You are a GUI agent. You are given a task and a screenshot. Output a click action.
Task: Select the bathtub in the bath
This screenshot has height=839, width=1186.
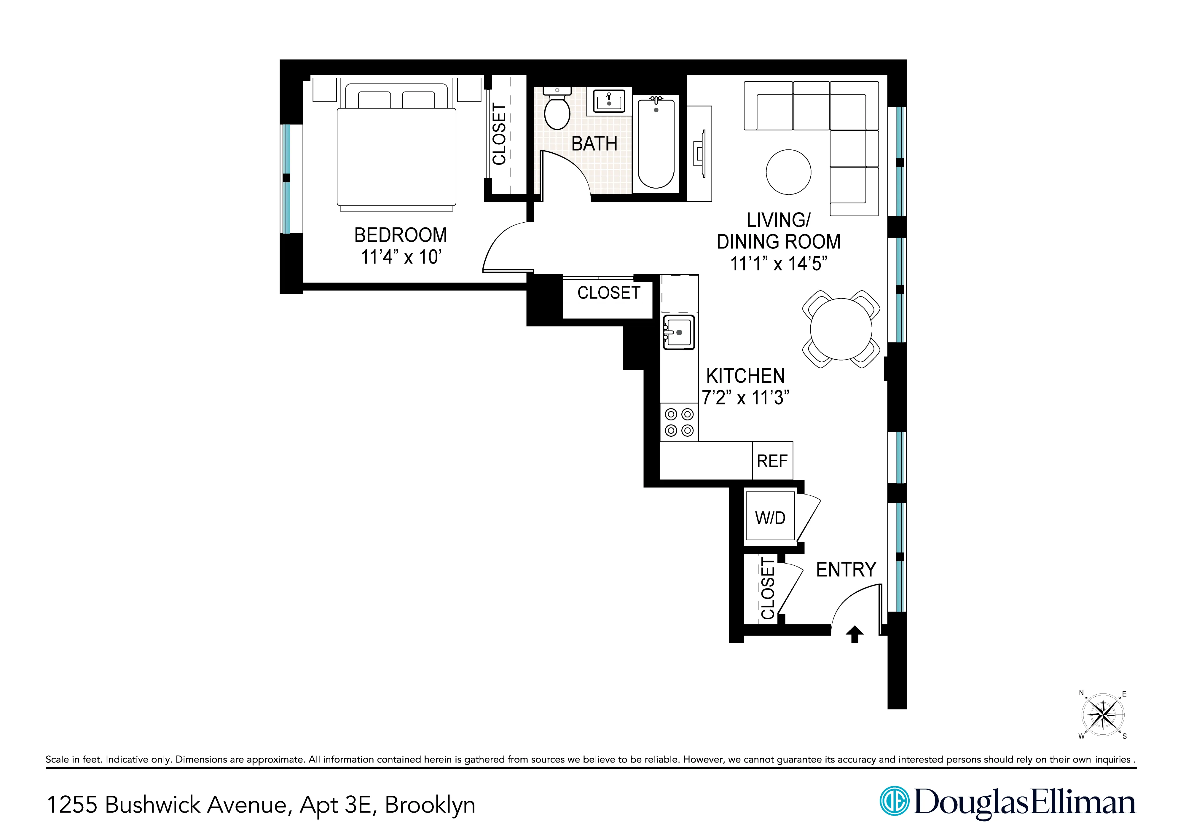(x=656, y=143)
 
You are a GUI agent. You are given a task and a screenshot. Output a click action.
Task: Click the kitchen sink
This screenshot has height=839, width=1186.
(x=679, y=332)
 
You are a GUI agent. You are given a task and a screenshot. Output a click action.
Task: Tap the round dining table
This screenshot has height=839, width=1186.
(x=841, y=329)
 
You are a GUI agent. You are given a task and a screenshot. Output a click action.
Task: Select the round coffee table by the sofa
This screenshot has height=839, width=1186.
(x=788, y=172)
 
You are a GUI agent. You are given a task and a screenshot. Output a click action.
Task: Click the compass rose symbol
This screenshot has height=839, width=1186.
(x=1103, y=715)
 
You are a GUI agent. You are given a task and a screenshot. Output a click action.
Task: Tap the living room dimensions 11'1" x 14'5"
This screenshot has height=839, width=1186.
(x=778, y=264)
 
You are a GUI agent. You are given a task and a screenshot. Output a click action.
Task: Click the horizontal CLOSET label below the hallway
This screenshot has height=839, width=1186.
(x=608, y=293)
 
